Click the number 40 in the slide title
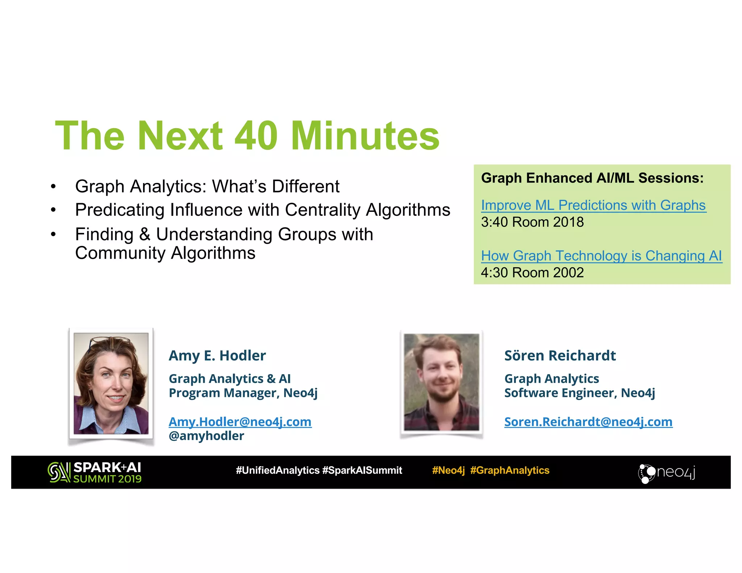click(256, 136)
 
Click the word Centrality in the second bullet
click(322, 210)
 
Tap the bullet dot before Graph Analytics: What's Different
click(53, 187)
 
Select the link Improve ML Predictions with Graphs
click(593, 205)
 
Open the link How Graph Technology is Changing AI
click(601, 256)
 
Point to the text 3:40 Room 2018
click(532, 222)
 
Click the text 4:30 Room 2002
click(532, 273)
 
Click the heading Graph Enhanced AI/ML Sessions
click(592, 178)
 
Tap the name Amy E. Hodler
click(217, 356)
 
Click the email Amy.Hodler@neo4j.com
click(240, 422)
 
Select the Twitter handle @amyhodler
click(206, 436)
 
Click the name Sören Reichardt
click(560, 356)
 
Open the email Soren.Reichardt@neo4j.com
click(588, 422)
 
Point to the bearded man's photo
click(441, 382)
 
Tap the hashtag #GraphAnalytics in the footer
click(510, 470)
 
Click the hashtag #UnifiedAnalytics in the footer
click(278, 470)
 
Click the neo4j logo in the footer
click(666, 473)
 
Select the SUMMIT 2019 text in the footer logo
click(107, 479)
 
